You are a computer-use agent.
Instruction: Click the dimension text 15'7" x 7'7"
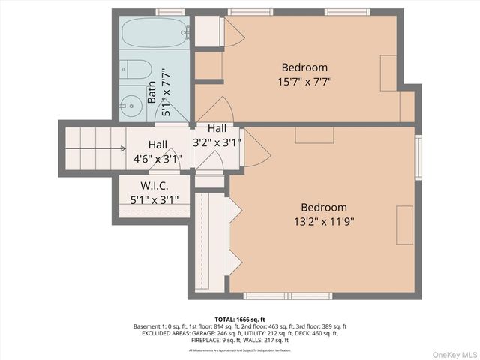pos(304,82)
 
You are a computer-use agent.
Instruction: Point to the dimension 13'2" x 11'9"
pos(324,221)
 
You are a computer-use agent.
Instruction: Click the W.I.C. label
pos(154,185)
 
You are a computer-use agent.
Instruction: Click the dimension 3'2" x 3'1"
pos(217,141)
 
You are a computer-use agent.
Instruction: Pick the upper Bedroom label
pos(304,67)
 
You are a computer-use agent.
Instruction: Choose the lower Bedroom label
pos(324,207)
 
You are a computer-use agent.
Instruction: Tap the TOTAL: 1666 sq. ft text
pos(239,318)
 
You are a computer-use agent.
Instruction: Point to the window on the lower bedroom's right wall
pos(418,157)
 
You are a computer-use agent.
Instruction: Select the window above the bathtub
pos(169,12)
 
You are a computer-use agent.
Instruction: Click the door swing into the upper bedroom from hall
pos(214,110)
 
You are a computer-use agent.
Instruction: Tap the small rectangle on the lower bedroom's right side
pos(405,223)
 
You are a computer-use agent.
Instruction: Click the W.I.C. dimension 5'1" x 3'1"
pos(154,200)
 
